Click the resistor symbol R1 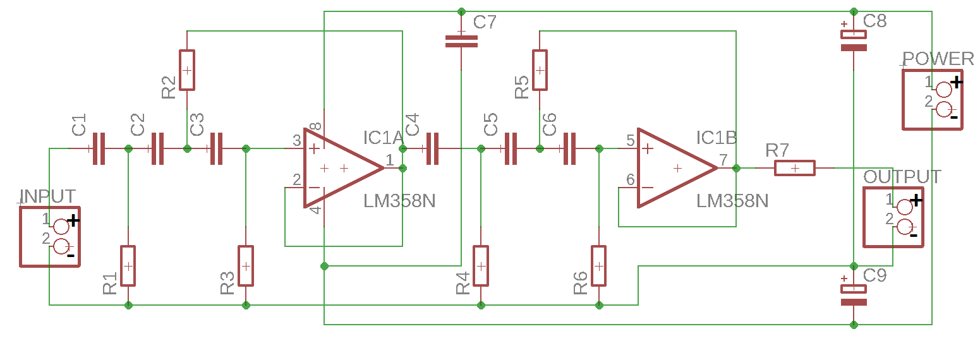(128, 266)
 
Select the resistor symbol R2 (187, 70)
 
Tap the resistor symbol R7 (794, 168)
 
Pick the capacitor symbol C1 (99, 148)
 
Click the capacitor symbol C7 (461, 42)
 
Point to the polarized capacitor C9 (854, 295)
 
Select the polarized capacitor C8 (854, 40)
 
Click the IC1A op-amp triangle (344, 168)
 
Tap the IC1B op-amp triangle (677, 168)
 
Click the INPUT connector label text (47, 196)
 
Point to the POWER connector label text (938, 59)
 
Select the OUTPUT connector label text (902, 177)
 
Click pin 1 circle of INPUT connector (61, 227)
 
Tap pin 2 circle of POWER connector (944, 109)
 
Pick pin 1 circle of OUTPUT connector (904, 207)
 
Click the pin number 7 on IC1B (723, 160)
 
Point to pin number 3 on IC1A (297, 140)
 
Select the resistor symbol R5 (540, 70)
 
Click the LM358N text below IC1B (732, 201)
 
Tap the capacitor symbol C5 (511, 148)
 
